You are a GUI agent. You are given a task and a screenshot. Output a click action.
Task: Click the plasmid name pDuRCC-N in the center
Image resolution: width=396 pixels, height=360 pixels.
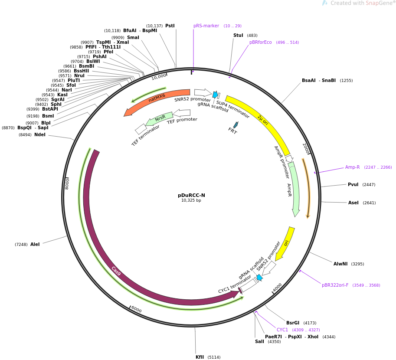coord(191,195)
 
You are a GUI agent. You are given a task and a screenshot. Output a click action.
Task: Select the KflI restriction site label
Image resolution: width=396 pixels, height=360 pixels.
coord(200,357)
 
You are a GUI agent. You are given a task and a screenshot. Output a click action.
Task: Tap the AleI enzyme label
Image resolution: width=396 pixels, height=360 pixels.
coord(35,244)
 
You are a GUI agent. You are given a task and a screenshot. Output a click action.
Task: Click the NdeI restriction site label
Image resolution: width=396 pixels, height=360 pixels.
coord(39,134)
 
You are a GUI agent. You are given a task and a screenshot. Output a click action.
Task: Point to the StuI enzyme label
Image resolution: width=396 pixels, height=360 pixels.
coord(238,36)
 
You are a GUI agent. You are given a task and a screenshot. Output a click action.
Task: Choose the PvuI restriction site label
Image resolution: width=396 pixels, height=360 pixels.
coord(353,184)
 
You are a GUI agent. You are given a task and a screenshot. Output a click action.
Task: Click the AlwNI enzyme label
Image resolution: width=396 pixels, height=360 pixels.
coord(340,264)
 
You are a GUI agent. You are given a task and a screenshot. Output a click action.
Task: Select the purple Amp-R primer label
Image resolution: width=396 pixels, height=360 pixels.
coord(352,167)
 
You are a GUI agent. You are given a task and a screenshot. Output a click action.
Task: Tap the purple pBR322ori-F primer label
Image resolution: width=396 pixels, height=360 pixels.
coord(335,285)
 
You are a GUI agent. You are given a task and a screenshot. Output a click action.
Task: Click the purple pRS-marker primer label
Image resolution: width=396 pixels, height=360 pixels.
coord(206,26)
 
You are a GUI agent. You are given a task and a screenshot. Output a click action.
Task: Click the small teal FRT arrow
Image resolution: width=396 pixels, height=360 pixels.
coord(236,125)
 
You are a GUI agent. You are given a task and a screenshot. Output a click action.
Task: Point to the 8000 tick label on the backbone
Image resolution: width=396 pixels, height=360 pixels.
coord(67,183)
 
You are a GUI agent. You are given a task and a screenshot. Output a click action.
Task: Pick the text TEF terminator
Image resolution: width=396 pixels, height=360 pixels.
coord(145,136)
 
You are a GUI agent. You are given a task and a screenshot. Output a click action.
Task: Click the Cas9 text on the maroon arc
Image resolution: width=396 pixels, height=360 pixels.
coord(116,271)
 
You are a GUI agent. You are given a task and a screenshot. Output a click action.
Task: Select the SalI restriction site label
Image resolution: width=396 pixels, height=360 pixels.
coord(259,341)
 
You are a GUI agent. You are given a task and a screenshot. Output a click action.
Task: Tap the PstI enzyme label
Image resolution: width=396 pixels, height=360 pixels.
coord(170,26)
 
